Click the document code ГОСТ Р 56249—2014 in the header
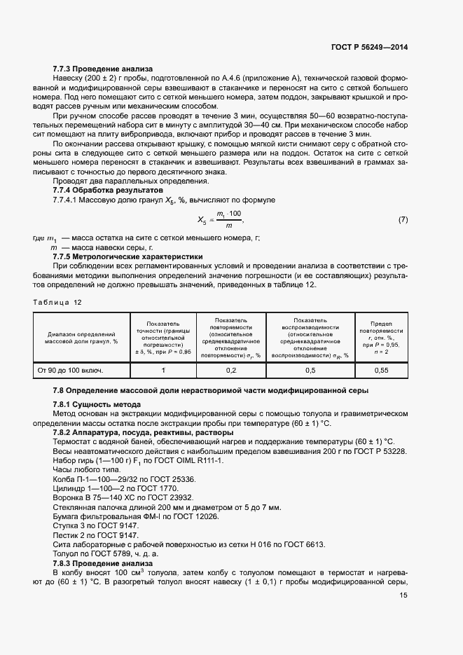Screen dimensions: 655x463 pyautogui.click(x=369, y=47)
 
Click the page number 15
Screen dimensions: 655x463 pyautogui.click(x=403, y=595)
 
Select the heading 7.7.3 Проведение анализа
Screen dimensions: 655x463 pyautogui.click(x=102, y=69)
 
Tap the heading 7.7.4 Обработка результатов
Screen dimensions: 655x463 pyautogui.click(x=108, y=191)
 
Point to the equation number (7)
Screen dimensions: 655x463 pyautogui.click(x=403, y=220)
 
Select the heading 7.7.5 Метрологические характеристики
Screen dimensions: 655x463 pyautogui.click(x=127, y=256)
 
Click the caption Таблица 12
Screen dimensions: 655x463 pyautogui.click(x=58, y=302)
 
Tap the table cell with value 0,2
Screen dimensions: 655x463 pyautogui.click(x=231, y=369)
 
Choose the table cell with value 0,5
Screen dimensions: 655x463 pyautogui.click(x=311, y=369)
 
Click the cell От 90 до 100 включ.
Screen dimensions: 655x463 pyautogui.click(x=70, y=369)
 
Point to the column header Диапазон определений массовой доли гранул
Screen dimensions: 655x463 pyautogui.click(x=81, y=337)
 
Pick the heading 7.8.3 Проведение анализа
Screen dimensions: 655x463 pyautogui.click(x=102, y=563)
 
